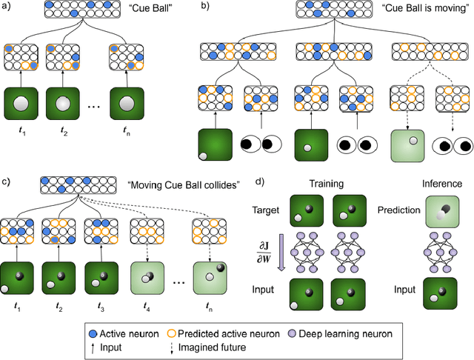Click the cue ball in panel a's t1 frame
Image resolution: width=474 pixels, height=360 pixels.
coord(21,106)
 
